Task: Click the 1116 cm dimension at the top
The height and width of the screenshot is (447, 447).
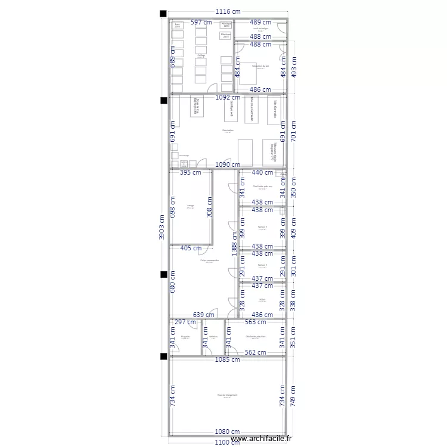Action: tap(228, 12)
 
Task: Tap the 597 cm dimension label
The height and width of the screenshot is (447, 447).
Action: tap(201, 22)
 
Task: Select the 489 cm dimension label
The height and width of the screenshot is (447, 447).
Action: tap(260, 22)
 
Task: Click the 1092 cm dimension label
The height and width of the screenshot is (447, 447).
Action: tap(228, 97)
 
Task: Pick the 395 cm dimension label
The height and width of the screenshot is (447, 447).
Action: tap(191, 173)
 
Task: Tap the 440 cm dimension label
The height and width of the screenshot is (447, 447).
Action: tap(262, 173)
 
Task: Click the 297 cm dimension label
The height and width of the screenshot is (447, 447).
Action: tap(185, 322)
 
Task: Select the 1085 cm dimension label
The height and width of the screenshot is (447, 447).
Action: tap(228, 359)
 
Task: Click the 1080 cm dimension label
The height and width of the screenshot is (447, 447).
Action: tap(228, 432)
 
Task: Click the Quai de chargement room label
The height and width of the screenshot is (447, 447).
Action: tap(227, 395)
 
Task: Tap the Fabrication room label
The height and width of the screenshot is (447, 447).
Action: tap(228, 130)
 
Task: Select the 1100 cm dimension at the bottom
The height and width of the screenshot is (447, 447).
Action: tap(228, 442)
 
